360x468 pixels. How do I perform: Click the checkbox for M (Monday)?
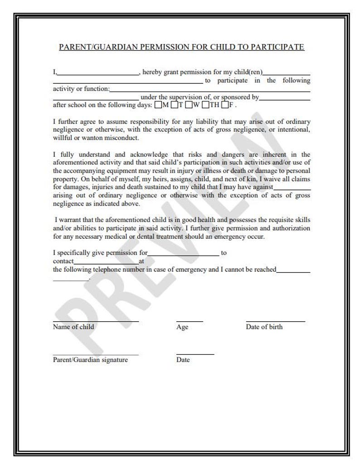pyautogui.click(x=158, y=105)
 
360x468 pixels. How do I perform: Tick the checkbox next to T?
pyautogui.click(x=174, y=105)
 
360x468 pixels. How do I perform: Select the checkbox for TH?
pyautogui.click(x=205, y=105)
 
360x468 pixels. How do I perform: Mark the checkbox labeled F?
pyautogui.click(x=224, y=105)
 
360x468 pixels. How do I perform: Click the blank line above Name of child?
pyautogui.click(x=96, y=321)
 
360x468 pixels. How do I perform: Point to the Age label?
pyautogui.click(x=182, y=327)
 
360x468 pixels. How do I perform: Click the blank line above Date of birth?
pyautogui.click(x=275, y=321)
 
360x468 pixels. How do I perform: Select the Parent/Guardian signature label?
pyautogui.click(x=90, y=360)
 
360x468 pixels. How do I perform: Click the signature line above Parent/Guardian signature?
pyautogui.click(x=96, y=354)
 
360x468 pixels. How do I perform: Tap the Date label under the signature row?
pyautogui.click(x=183, y=360)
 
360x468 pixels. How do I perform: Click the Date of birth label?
pyautogui.click(x=264, y=327)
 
